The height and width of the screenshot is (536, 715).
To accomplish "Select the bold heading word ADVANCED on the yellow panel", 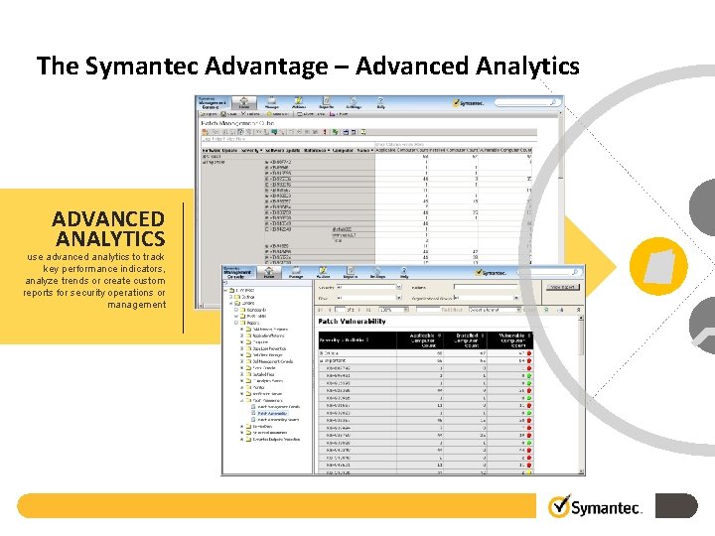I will pos(108,218).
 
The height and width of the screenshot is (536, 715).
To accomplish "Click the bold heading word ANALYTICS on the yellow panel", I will pos(110,239).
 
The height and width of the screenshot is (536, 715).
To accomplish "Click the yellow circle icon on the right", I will pos(658,266).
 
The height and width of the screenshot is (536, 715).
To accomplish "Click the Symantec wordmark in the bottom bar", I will pos(609,508).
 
